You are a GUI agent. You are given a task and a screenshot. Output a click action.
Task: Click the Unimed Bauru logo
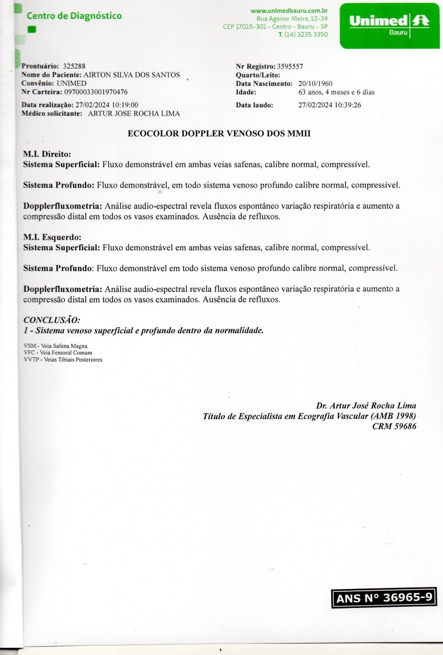tap(389, 25)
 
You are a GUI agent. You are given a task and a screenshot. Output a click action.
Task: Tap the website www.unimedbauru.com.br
tap(290, 11)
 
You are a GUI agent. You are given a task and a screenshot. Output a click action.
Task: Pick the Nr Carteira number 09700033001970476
tap(96, 92)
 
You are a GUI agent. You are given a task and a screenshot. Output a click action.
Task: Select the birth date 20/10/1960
tap(315, 84)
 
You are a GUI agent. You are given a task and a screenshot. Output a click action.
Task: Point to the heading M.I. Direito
tap(47, 154)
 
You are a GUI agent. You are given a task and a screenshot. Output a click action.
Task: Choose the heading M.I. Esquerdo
tap(52, 238)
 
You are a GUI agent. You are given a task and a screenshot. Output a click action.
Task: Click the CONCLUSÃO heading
tap(51, 320)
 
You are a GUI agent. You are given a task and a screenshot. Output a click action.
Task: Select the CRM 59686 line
tap(394, 426)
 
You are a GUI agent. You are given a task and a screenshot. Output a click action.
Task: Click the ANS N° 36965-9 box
tap(384, 598)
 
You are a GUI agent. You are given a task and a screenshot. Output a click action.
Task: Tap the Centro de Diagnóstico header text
tap(74, 16)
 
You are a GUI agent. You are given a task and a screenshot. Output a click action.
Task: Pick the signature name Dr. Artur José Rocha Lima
tap(366, 405)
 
